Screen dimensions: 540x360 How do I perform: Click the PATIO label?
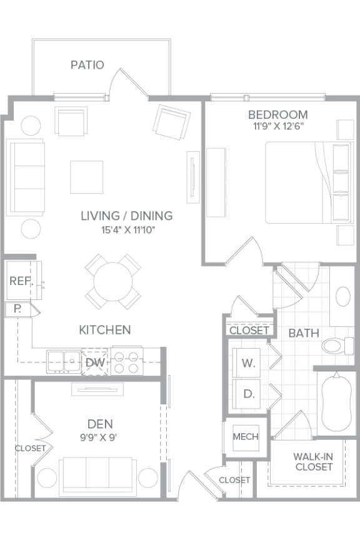pyautogui.click(x=87, y=65)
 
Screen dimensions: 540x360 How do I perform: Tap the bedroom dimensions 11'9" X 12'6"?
pyautogui.click(x=277, y=126)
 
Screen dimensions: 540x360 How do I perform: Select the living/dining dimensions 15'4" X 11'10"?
pyautogui.click(x=126, y=230)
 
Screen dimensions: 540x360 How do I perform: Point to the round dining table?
pyautogui.click(x=113, y=281)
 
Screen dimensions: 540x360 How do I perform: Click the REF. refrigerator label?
pyautogui.click(x=21, y=281)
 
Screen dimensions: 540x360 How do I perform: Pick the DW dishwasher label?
pyautogui.click(x=95, y=362)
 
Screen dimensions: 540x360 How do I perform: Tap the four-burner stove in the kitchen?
pyautogui.click(x=127, y=362)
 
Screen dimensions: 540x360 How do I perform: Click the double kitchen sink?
pyautogui.click(x=63, y=361)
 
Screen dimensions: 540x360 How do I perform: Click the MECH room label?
pyautogui.click(x=246, y=436)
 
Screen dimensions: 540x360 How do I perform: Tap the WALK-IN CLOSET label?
pyautogui.click(x=314, y=461)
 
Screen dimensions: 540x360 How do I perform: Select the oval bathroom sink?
pyautogui.click(x=343, y=296)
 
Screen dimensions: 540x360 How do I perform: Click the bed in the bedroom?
pyautogui.click(x=300, y=182)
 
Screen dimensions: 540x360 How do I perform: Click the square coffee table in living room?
pyautogui.click(x=86, y=177)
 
